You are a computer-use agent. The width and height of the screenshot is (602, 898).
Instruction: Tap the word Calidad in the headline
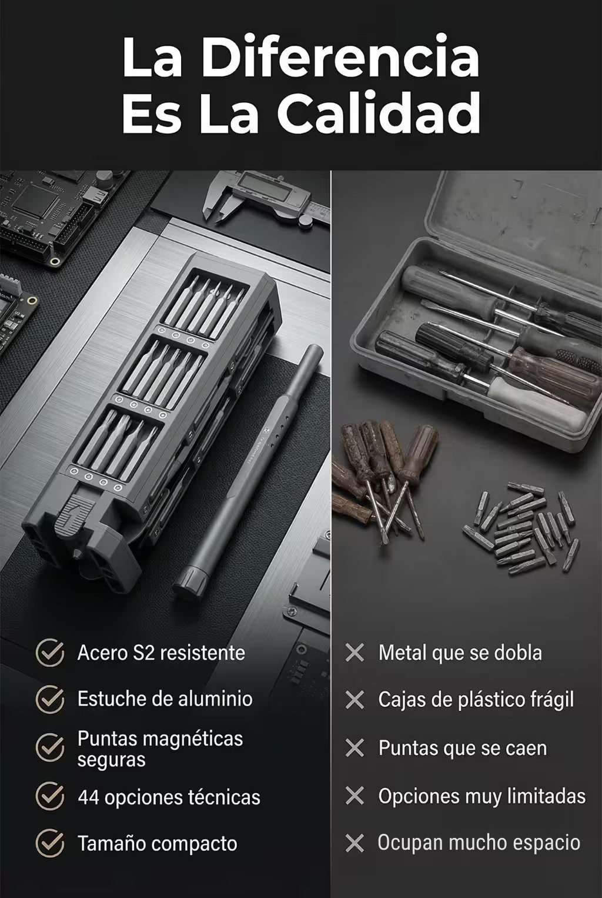[x=379, y=112]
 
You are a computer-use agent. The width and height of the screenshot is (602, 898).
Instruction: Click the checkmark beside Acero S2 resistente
[x=49, y=653]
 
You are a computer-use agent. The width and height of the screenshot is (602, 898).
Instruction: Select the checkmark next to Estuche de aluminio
[x=49, y=699]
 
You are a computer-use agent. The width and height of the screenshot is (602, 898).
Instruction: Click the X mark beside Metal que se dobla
[x=354, y=653]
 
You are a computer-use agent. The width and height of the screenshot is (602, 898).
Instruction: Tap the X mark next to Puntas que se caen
[x=354, y=748]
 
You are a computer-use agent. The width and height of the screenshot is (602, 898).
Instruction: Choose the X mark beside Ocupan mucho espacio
[x=354, y=843]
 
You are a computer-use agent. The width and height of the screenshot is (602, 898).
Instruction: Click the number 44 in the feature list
[x=88, y=797]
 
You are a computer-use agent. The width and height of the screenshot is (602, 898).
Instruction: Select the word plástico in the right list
[x=477, y=700]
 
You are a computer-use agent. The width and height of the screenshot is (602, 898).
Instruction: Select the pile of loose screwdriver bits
[x=521, y=528]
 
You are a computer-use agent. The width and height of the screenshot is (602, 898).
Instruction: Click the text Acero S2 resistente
[x=161, y=653]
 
